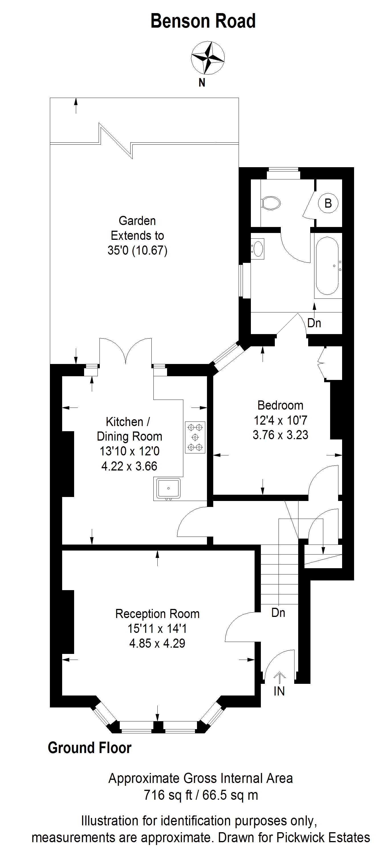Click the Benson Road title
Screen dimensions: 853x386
pyautogui.click(x=203, y=21)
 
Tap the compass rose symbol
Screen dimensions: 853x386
pyautogui.click(x=208, y=58)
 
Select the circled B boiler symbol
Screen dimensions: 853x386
pyautogui.click(x=328, y=203)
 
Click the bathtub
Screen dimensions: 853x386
pyautogui.click(x=327, y=266)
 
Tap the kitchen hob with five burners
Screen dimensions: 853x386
pyautogui.click(x=195, y=437)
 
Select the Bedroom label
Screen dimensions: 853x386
pyautogui.click(x=280, y=405)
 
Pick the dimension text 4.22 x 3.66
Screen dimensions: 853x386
pyautogui.click(x=129, y=466)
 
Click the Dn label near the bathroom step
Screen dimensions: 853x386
pyautogui.click(x=314, y=323)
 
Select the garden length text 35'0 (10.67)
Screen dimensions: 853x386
pyautogui.click(x=137, y=250)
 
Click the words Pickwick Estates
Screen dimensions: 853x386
pyautogui.click(x=323, y=837)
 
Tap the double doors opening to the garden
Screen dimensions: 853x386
pyautogui.click(x=125, y=351)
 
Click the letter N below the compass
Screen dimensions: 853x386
pyautogui.click(x=202, y=83)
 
